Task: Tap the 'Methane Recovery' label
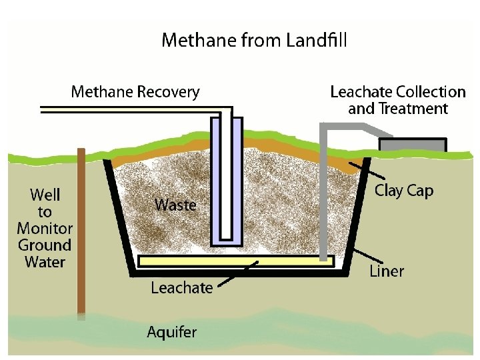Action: [135, 91]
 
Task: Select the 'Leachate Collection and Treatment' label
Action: [397, 100]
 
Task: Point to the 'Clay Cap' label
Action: [404, 191]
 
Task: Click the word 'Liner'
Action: [387, 271]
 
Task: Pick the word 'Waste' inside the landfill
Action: [175, 204]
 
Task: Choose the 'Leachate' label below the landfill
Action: [182, 288]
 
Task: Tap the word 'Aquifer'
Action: [172, 331]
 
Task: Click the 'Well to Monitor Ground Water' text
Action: [45, 228]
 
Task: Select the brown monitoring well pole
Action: [81, 233]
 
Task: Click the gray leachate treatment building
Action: [412, 145]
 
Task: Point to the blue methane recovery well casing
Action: [215, 180]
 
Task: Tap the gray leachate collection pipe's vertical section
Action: [323, 200]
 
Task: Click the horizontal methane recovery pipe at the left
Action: [120, 109]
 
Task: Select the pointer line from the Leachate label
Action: [237, 275]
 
